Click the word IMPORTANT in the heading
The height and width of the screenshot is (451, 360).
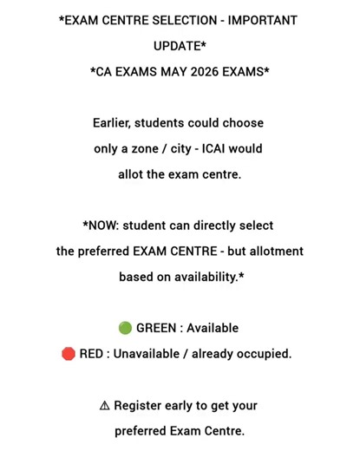click(262, 21)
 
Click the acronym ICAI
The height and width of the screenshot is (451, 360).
click(224, 148)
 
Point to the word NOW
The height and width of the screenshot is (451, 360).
click(103, 225)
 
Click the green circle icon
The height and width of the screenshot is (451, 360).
click(125, 329)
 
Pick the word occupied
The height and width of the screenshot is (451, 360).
click(265, 354)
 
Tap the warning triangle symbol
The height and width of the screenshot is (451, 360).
click(104, 405)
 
